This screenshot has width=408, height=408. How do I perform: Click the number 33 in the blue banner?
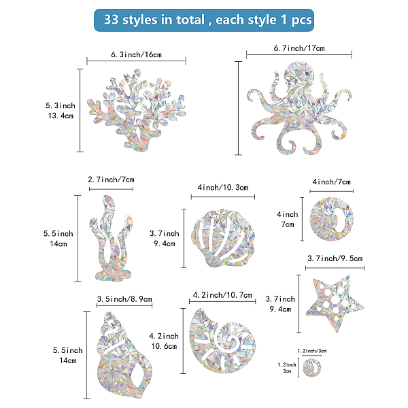pyautogui.click(x=111, y=20)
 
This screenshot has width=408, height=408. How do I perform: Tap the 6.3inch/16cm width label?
pyautogui.click(x=137, y=54)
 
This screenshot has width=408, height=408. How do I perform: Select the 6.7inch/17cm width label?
pyautogui.click(x=299, y=48)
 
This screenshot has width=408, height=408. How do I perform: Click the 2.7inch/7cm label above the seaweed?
pyautogui.click(x=111, y=180)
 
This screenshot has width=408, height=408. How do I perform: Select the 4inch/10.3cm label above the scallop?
pyautogui.click(x=223, y=188)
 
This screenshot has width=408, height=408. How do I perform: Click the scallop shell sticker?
pyautogui.click(x=223, y=238)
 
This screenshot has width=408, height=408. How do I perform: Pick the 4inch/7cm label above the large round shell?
pyautogui.click(x=332, y=182)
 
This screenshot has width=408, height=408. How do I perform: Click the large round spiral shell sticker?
pyautogui.click(x=332, y=219)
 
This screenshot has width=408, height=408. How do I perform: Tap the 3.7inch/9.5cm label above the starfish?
pyautogui.click(x=335, y=258)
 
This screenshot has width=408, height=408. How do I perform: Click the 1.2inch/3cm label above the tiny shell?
pyautogui.click(x=311, y=351)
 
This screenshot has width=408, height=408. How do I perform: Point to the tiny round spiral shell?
pyautogui.click(x=311, y=368)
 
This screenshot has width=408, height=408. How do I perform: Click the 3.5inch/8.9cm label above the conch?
pyautogui.click(x=124, y=299)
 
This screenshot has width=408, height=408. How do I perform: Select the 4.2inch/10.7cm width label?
pyautogui.click(x=222, y=295)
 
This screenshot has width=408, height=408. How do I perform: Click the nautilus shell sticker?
pyautogui.click(x=222, y=341)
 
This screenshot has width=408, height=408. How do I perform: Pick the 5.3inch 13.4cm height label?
pyautogui.click(x=61, y=111)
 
